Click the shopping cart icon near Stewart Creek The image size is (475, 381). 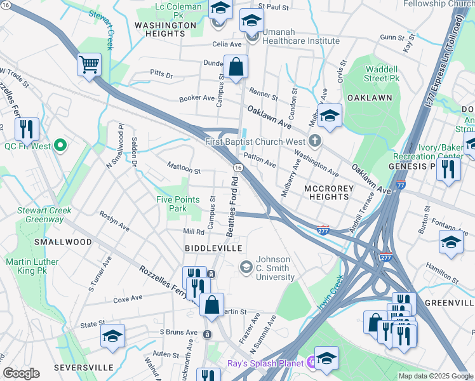90,64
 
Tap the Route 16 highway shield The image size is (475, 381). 237,167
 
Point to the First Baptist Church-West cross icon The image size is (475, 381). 314,140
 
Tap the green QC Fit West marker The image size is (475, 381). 61,146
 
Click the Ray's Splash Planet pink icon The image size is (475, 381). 312,363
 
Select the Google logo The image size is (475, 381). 21,373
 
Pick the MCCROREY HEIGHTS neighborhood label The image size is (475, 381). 326,192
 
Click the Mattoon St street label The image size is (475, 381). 184,170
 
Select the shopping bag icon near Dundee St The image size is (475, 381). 236,67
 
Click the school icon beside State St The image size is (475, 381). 113,336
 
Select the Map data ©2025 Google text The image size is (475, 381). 435,376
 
